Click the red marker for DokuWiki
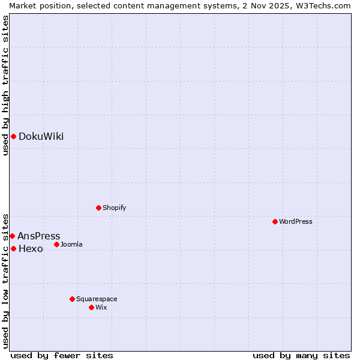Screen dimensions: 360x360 tap(13, 136)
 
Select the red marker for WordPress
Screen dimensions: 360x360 tap(275, 221)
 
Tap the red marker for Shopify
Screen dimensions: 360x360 tap(99, 208)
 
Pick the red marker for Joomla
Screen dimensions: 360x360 tap(57, 244)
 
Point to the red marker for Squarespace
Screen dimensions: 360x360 tap(73, 299)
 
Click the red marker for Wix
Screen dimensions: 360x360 tap(92, 307)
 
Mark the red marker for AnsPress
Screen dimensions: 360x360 tap(12, 236)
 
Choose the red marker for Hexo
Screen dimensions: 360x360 tap(13, 248)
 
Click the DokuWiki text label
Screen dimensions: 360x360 tap(41, 136)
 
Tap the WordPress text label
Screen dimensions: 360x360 tap(296, 221)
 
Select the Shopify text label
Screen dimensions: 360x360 tap(114, 208)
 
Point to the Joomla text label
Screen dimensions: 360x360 tap(71, 244)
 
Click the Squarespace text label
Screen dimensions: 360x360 tap(97, 299)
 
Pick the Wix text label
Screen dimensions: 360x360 tap(101, 307)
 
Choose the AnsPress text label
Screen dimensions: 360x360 tap(38, 236)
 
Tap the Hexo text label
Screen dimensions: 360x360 tap(31, 248)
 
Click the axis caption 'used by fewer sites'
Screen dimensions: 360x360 tap(62, 355)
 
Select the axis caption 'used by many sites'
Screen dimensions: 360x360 tap(301, 355)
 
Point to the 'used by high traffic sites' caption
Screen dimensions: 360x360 tap(5, 85)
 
